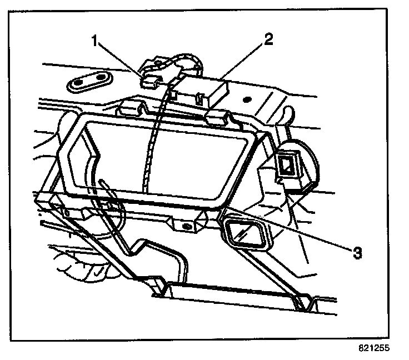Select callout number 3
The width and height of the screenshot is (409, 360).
pos(357,253)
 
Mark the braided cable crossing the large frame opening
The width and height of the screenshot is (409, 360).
pos(151,150)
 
